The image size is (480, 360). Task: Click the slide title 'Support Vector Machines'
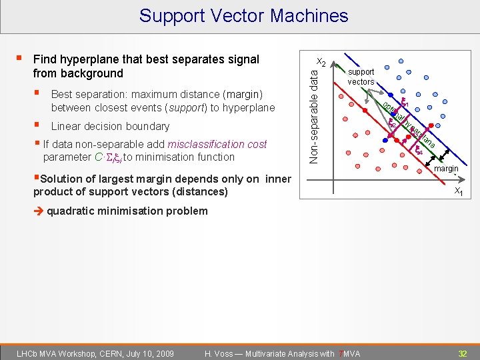tap(243, 15)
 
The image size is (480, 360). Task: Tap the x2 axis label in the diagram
tap(321, 62)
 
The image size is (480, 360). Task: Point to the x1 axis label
tap(459, 191)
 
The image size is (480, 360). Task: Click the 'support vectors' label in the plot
tap(361, 77)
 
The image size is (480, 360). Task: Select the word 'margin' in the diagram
tap(446, 169)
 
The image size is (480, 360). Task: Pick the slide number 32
tap(461, 353)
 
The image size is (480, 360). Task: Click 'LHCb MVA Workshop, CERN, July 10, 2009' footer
tap(95, 353)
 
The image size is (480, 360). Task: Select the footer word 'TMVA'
tap(349, 353)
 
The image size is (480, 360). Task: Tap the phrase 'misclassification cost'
tap(217, 144)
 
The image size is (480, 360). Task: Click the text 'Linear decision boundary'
tap(110, 126)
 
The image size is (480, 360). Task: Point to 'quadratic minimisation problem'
tap(127, 211)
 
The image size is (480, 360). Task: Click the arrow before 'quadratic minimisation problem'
tap(39, 211)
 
